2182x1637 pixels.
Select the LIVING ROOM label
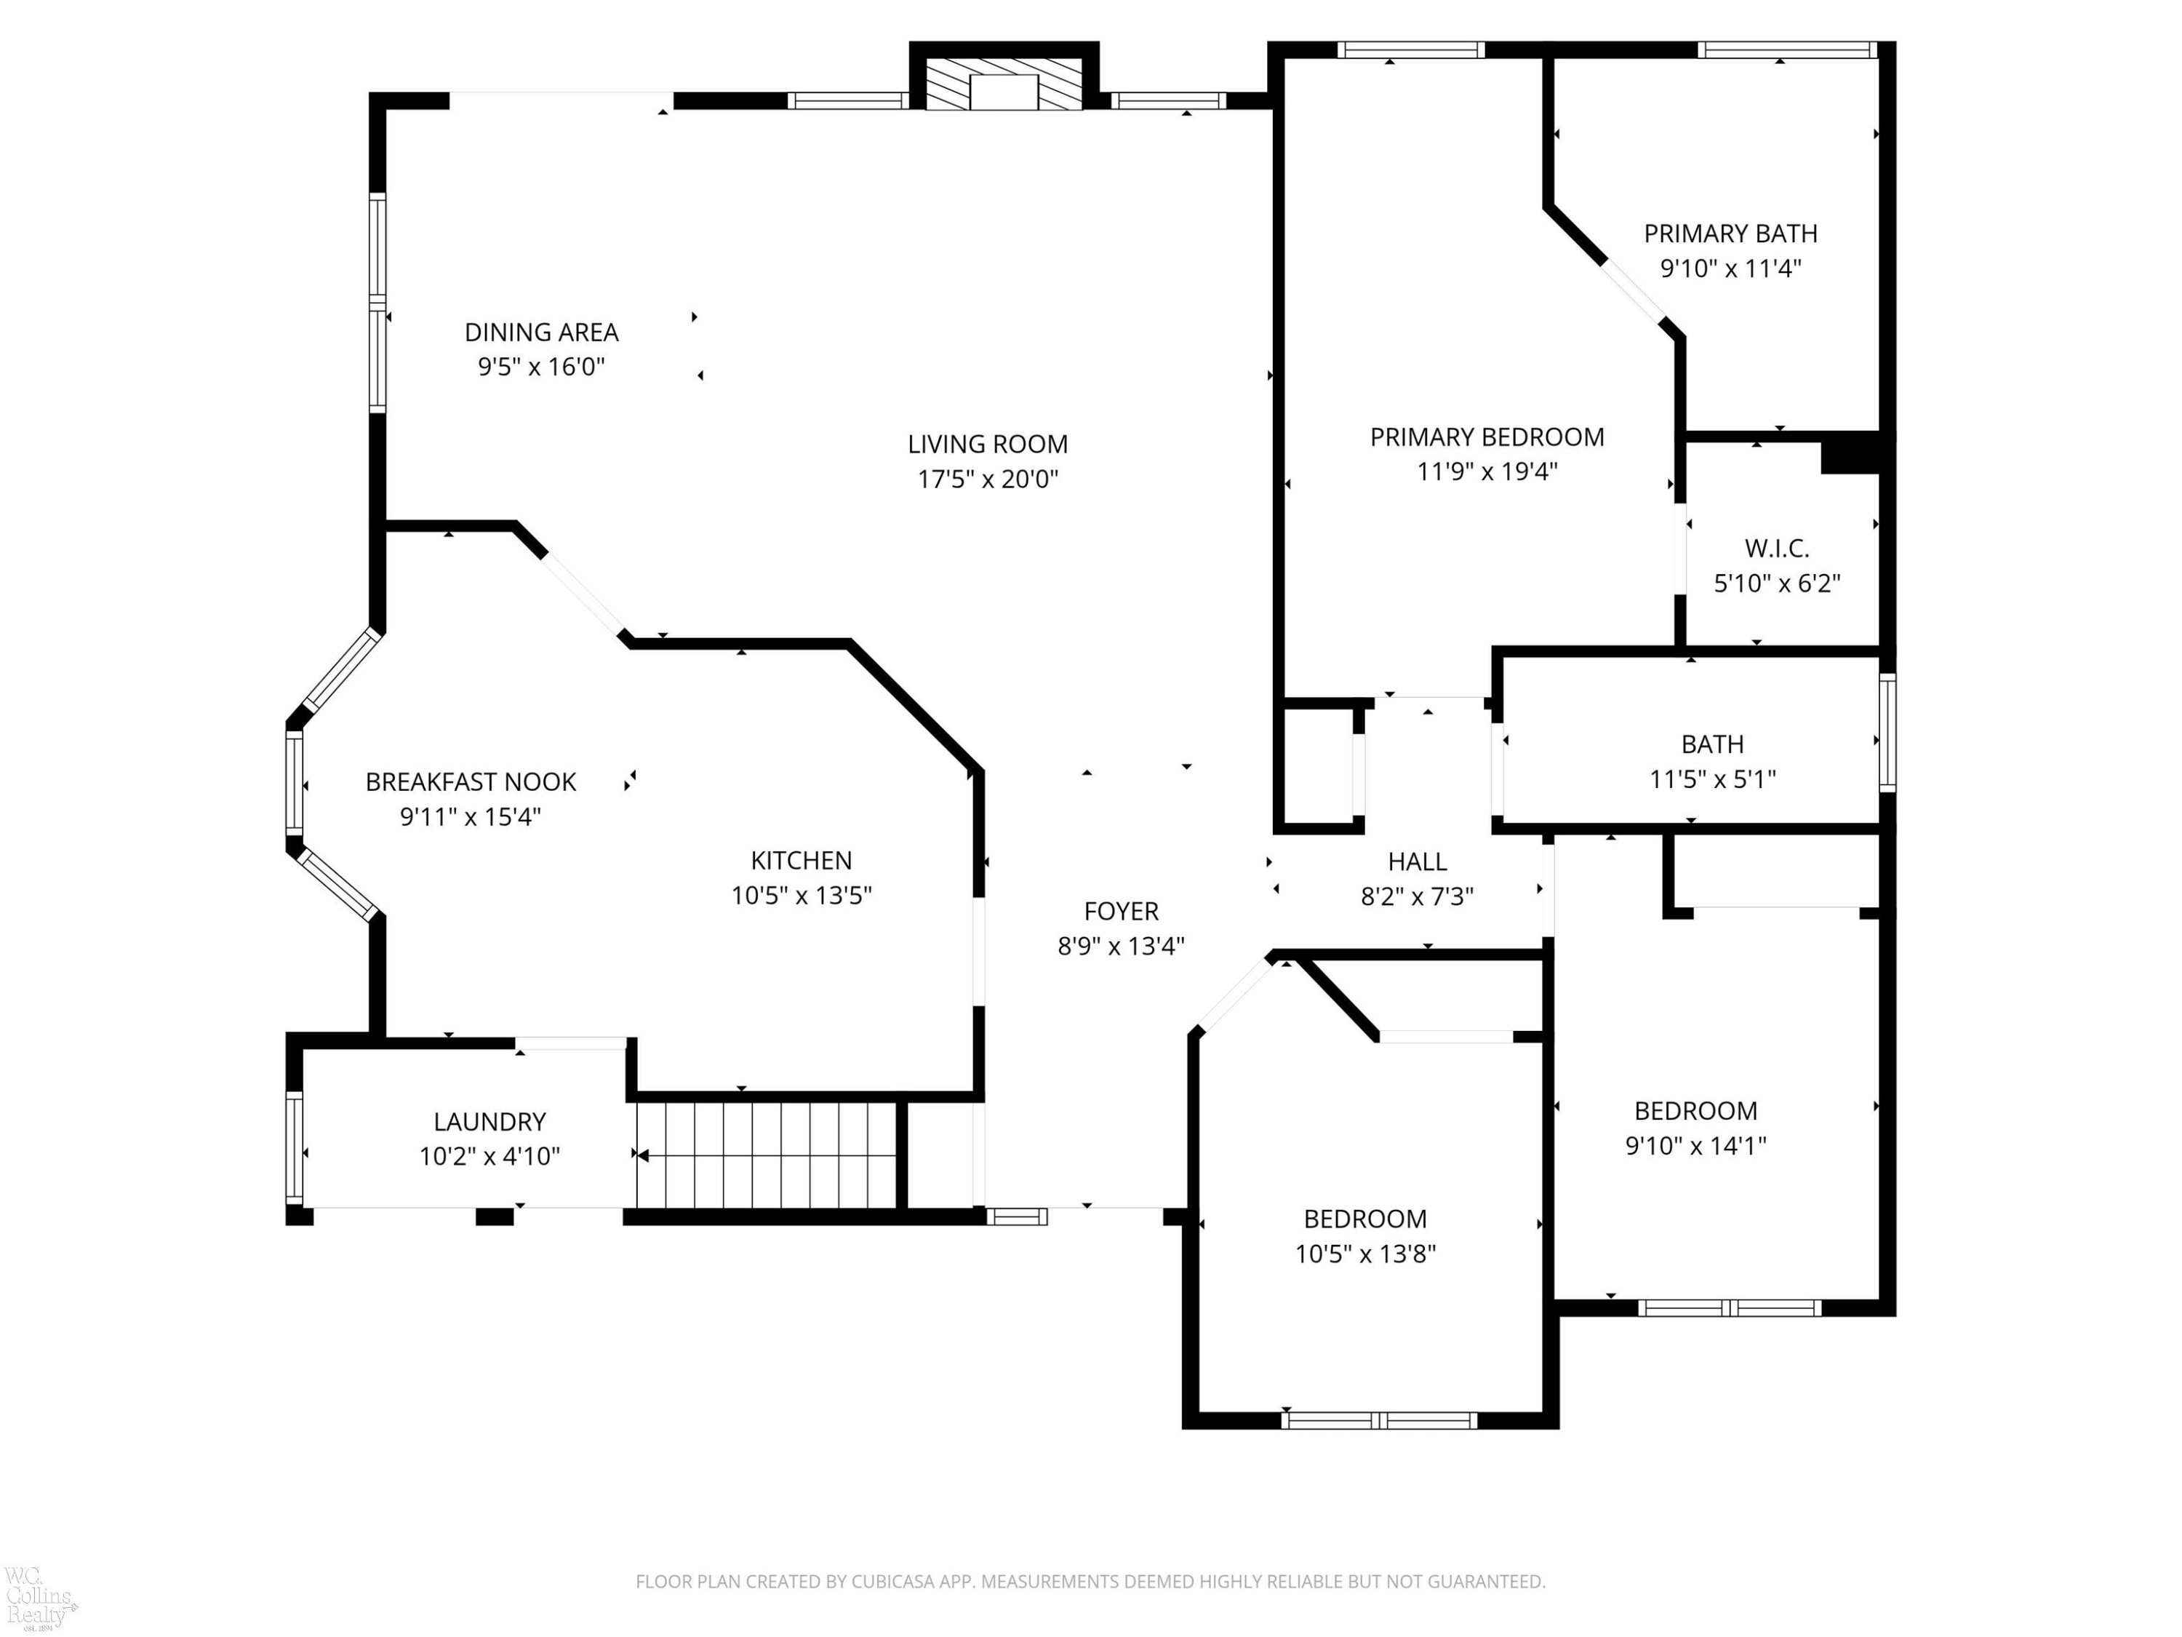coord(988,444)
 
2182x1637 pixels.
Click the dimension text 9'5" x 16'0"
coord(542,367)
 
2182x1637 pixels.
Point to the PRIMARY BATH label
coord(1730,234)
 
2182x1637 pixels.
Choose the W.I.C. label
coord(1777,549)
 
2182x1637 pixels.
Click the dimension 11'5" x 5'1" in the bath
coord(1712,779)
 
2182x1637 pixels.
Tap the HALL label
coord(1418,861)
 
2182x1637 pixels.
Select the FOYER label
coord(1121,911)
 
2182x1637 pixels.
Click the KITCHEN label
coord(801,861)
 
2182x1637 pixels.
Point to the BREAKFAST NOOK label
coord(471,782)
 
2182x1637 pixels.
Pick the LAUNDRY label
coord(489,1122)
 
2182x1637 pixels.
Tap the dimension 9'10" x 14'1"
coord(1695,1146)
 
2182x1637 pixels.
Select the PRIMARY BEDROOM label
coord(1487,437)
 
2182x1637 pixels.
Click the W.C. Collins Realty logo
coord(39,1596)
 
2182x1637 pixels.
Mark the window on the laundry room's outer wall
coord(294,1147)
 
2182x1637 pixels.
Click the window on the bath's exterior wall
coord(1887,732)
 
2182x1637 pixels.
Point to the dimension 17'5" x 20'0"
coord(988,479)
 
